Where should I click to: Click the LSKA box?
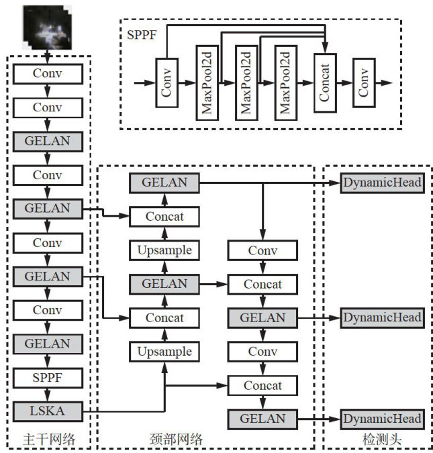pyautogui.click(x=47, y=409)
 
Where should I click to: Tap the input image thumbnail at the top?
pyautogui.click(x=47, y=26)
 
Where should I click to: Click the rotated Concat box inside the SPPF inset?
pyautogui.click(x=324, y=83)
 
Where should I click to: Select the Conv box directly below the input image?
pyautogui.click(x=47, y=72)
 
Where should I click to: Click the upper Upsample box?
pyautogui.click(x=164, y=250)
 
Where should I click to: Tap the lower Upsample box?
pyautogui.click(x=164, y=351)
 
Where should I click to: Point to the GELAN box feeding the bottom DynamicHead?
pyautogui.click(x=262, y=419)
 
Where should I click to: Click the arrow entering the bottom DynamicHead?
pyautogui.click(x=319, y=419)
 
